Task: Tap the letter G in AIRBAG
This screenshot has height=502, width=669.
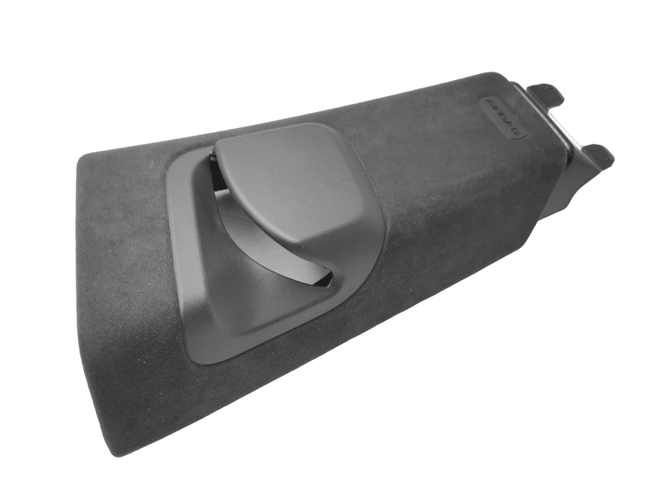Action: point(515,131)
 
